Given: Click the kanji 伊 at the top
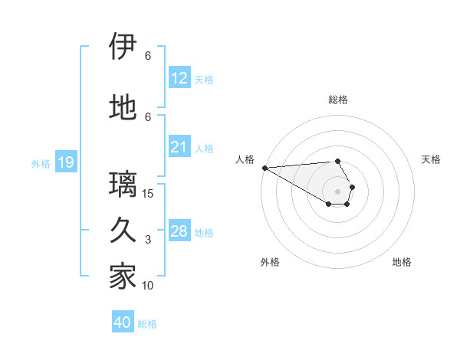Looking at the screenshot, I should point(123,47).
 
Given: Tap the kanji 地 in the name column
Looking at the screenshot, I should point(123,108).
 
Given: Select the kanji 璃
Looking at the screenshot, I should point(123,185).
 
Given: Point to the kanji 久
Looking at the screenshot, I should point(123,231).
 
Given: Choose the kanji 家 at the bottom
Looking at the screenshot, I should point(123,277).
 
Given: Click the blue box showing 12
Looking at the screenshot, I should point(179,78).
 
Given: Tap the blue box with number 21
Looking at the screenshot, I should point(179,147).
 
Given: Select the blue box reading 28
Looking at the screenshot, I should point(179,231).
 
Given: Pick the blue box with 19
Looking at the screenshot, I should point(65,162).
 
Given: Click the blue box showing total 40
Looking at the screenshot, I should point(123,322).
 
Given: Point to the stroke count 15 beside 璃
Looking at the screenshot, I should point(148,193).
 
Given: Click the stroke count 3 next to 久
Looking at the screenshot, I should point(148,239).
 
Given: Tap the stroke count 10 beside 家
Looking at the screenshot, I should point(148,285).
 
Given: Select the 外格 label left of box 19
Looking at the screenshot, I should point(40,163).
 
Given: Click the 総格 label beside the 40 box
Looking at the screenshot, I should point(147,324).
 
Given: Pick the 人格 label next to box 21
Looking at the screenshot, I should point(204,149).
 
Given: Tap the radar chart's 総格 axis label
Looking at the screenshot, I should point(337,100).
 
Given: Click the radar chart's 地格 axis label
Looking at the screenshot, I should point(402,262).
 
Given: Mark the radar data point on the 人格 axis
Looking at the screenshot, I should point(264,168).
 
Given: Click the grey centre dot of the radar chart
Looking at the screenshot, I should point(337,191).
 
